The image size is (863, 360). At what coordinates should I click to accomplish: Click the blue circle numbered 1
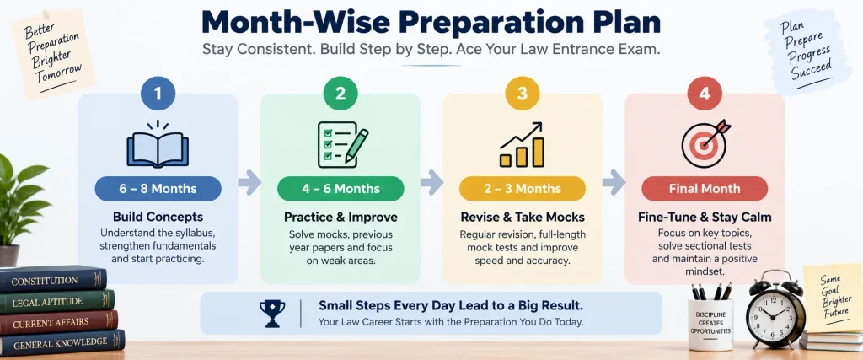[158, 94]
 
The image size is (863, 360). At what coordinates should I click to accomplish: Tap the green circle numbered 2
[340, 94]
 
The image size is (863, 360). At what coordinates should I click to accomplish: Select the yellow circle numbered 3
[523, 94]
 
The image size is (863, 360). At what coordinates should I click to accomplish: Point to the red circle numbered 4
[705, 94]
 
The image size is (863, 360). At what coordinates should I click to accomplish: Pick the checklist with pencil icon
[342, 144]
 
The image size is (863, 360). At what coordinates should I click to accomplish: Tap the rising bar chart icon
[522, 145]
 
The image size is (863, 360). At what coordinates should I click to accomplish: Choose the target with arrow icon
[705, 144]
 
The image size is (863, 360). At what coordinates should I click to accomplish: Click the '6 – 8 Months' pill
[158, 189]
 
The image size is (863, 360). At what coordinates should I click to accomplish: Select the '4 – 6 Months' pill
[340, 189]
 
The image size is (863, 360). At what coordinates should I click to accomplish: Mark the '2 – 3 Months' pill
[523, 189]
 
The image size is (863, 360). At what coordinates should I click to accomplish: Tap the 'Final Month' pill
[705, 189]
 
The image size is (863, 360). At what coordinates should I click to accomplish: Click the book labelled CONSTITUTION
[53, 280]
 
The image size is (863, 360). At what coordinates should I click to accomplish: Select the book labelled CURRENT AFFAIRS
[58, 323]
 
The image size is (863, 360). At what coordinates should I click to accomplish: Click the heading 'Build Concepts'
[158, 217]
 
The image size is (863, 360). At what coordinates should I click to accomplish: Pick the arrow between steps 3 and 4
[614, 182]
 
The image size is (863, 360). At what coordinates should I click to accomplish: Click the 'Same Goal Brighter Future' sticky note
[831, 298]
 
